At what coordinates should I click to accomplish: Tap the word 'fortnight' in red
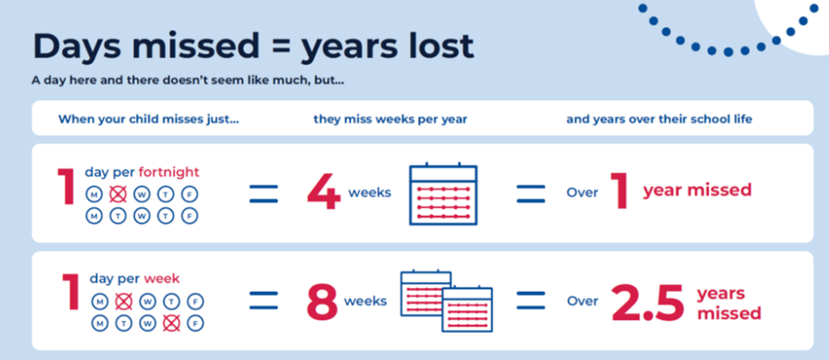click(168, 172)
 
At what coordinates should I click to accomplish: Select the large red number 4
click(324, 192)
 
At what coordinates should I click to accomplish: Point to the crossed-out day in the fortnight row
click(118, 194)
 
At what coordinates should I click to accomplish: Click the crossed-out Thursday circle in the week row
click(171, 323)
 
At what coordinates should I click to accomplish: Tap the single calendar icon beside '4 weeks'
click(443, 193)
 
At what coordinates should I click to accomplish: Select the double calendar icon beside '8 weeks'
click(446, 301)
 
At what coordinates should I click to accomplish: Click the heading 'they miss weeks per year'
click(390, 119)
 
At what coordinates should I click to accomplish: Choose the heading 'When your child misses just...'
click(148, 119)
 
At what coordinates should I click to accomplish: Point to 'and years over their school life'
click(660, 119)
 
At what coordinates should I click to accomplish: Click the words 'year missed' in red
click(697, 190)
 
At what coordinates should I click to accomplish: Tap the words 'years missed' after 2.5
click(729, 304)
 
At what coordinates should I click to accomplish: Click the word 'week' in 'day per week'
click(161, 278)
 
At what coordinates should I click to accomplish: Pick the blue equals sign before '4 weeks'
click(264, 193)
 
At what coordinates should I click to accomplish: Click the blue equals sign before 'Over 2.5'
click(530, 301)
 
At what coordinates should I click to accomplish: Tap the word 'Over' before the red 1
click(582, 192)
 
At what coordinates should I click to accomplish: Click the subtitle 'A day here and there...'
click(188, 82)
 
